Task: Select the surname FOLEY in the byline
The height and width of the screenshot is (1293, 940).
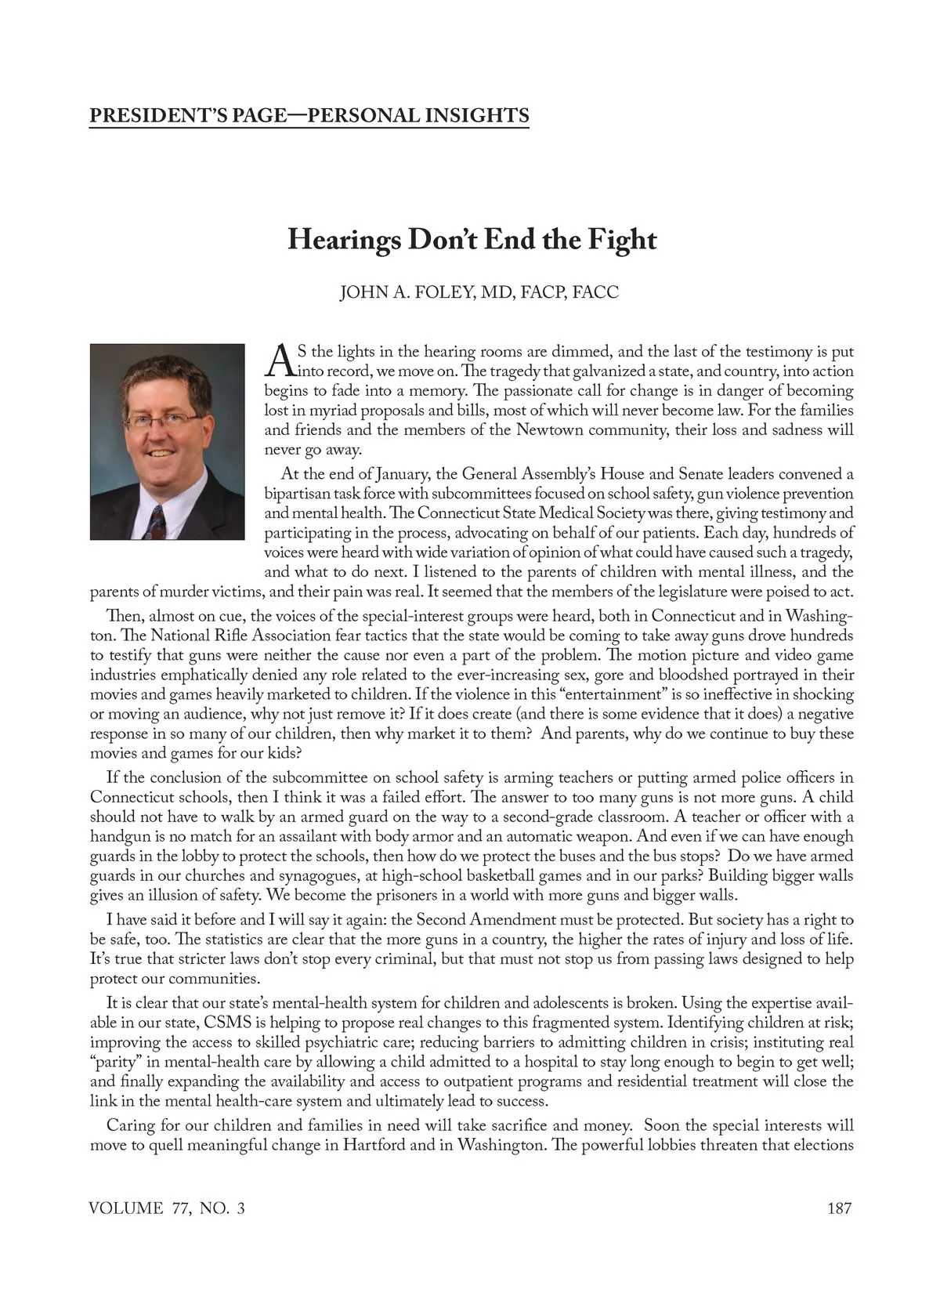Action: click(426, 292)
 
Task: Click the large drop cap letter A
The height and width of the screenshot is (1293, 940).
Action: click(280, 360)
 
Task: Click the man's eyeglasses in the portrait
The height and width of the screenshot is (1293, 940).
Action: click(164, 420)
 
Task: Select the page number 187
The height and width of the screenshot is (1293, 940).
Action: click(839, 1208)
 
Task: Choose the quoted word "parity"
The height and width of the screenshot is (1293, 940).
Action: click(116, 1062)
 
